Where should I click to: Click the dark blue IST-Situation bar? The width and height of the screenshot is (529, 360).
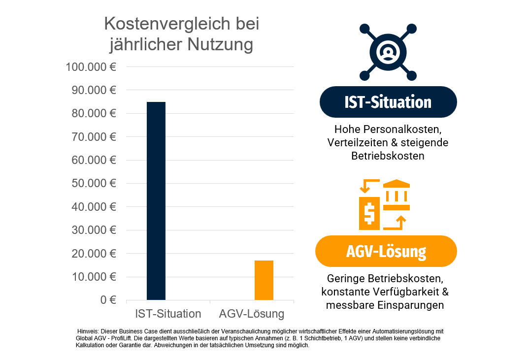pyautogui.click(x=156, y=201)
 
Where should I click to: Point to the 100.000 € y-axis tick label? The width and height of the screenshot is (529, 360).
pyautogui.click(x=91, y=66)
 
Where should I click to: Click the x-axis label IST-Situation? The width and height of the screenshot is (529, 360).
pyautogui.click(x=168, y=314)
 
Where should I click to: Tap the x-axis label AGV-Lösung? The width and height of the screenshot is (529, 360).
pyautogui.click(x=252, y=314)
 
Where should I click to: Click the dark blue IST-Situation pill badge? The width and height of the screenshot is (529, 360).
pyautogui.click(x=388, y=102)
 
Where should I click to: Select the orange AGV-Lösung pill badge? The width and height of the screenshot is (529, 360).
pyautogui.click(x=386, y=251)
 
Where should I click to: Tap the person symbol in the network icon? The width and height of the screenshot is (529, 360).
pyautogui.click(x=388, y=51)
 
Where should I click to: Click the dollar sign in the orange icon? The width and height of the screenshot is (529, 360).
pyautogui.click(x=369, y=213)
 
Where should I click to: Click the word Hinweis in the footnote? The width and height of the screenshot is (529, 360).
pyautogui.click(x=88, y=331)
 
